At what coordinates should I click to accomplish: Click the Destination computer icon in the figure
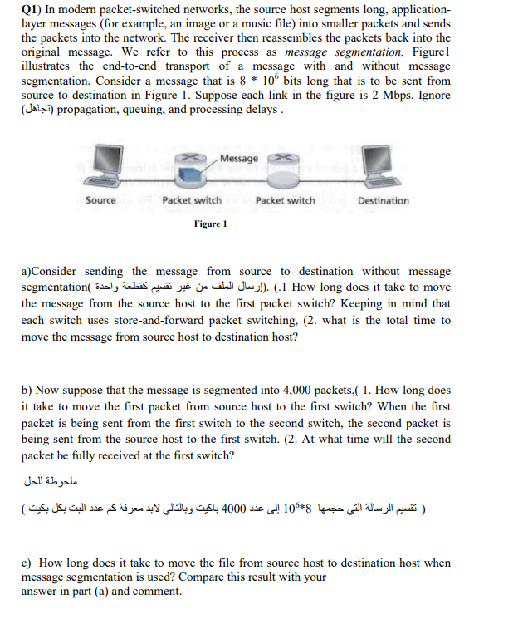pos(383,169)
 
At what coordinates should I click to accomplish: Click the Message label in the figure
pos(239,158)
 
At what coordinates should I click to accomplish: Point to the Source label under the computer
pos(100,200)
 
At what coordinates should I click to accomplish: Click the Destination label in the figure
pos(383,200)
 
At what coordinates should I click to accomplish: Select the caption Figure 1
pos(211,224)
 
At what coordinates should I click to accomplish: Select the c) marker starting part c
pos(27,563)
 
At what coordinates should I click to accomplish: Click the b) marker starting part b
pos(27,390)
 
